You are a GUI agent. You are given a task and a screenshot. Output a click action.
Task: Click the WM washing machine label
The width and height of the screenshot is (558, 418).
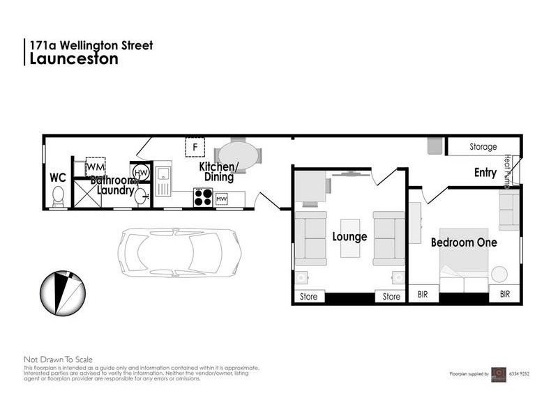[95, 167]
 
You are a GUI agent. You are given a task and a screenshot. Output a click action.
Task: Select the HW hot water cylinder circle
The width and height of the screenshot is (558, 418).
[140, 172]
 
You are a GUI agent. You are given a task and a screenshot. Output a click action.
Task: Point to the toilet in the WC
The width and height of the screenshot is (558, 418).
[59, 196]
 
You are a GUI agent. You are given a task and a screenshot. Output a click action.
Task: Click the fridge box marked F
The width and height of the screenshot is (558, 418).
[195, 147]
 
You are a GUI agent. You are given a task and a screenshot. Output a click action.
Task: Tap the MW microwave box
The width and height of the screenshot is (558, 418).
[222, 199]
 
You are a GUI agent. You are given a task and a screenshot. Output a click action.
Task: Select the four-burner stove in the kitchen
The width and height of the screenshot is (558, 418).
[203, 198]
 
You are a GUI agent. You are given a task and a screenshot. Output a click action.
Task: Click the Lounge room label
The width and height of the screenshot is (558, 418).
[349, 237]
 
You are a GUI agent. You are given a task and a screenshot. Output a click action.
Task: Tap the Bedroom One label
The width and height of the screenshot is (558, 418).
[463, 242]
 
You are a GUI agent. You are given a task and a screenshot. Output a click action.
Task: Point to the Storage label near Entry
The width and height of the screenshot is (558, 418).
[483, 147]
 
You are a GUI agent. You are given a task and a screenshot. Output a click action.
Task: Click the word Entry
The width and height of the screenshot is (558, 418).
[485, 173]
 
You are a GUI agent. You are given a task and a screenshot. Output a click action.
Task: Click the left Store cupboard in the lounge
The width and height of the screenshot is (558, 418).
[308, 297]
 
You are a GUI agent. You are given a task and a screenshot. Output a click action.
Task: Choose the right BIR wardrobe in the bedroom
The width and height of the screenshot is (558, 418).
[504, 295]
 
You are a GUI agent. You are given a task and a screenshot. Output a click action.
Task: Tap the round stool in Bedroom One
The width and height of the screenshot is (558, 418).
[499, 274]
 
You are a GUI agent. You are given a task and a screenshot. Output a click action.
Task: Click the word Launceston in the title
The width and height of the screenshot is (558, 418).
[73, 59]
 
